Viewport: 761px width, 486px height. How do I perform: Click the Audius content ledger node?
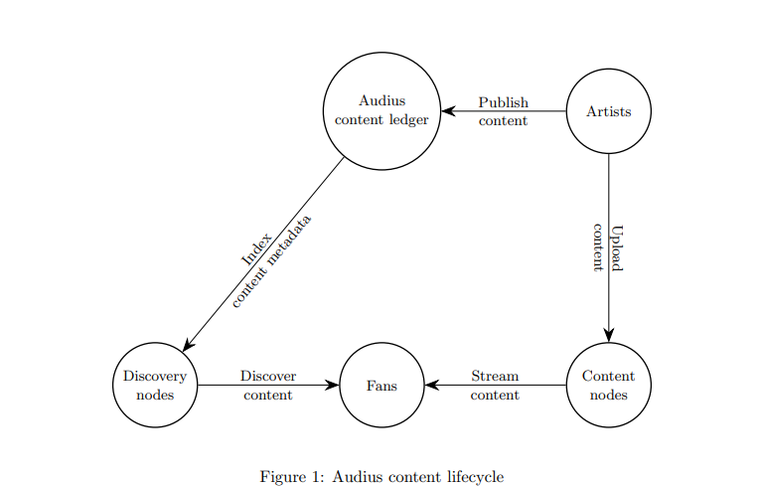(x=381, y=110)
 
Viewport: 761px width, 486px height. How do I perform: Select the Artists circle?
(x=608, y=111)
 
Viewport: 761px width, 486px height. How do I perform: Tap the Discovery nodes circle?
(x=155, y=385)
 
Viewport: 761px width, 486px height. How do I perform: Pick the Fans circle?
(x=381, y=385)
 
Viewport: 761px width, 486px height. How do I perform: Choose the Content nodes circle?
(x=608, y=385)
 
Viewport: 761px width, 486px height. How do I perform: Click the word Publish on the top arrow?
(x=503, y=102)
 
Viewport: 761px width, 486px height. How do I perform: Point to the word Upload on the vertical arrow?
(x=617, y=246)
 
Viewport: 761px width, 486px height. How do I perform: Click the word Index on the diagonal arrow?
(x=256, y=247)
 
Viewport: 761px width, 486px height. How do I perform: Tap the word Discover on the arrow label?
(x=268, y=376)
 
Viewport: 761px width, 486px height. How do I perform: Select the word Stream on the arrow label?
(x=495, y=376)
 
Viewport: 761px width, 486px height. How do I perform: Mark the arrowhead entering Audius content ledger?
(x=448, y=111)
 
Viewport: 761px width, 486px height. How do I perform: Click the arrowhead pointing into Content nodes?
(x=608, y=335)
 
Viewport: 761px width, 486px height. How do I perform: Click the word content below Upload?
(x=599, y=246)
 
